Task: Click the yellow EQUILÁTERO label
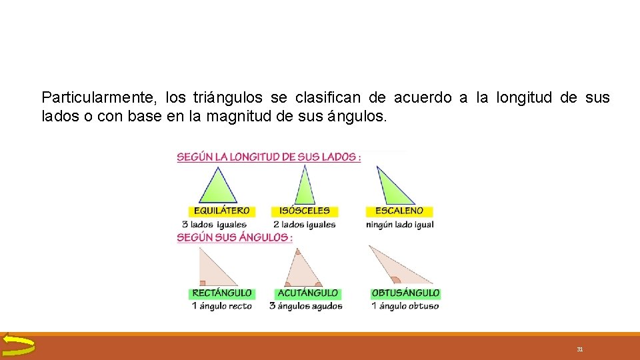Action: [221, 211]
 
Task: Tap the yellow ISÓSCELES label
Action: [305, 211]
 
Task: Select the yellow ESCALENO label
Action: [399, 211]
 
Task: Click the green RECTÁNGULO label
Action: [222, 293]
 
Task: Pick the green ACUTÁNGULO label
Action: [307, 293]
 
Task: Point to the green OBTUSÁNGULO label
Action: [405, 293]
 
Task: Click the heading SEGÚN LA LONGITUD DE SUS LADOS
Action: [269, 157]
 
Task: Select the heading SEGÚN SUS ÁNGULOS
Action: [235, 237]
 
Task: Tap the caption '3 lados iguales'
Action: [214, 225]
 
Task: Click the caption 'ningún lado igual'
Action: [400, 225]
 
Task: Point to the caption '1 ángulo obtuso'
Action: [405, 306]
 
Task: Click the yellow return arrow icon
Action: [18, 345]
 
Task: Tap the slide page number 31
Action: [580, 349]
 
